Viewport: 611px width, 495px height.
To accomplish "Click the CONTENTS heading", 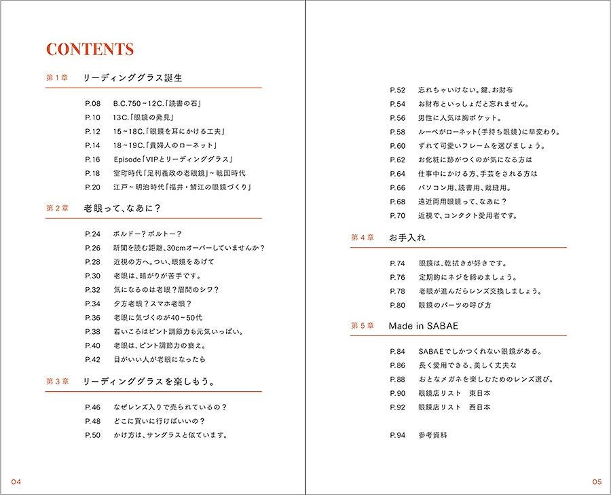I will coord(90,50).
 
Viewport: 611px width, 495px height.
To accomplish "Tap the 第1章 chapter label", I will coord(57,78).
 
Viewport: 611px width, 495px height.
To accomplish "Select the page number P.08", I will coord(92,104).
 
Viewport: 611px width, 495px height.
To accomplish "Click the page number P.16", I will coord(92,160).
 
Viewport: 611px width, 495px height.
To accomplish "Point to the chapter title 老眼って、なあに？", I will coord(126,208).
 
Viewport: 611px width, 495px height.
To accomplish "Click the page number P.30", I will coord(92,276).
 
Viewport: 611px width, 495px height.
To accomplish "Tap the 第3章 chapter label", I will coord(57,382).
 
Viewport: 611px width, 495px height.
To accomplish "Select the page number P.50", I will coord(92,435).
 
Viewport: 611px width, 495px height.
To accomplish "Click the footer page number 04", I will coord(16,482).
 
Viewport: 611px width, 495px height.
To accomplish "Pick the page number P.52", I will coord(397,90).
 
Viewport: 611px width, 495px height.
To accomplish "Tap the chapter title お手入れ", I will coord(407,238).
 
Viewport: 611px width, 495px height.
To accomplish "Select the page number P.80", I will coord(397,306).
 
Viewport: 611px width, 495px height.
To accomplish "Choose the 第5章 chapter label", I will coord(363,326).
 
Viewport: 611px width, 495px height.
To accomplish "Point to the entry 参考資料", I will coord(432,435).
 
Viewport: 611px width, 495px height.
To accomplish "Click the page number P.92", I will coord(397,407).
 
